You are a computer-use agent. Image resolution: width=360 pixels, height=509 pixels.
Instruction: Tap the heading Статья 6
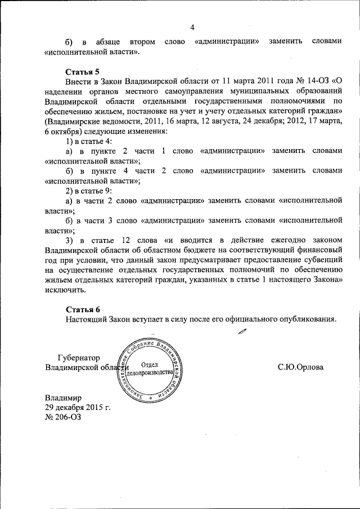click(82, 309)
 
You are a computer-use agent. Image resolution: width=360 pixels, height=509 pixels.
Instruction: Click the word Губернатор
click(79, 358)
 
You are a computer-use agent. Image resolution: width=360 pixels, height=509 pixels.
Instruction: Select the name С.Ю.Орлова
click(301, 367)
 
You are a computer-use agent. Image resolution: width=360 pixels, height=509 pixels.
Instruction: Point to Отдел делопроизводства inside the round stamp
click(149, 368)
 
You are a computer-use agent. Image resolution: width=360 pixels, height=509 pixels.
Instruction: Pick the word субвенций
click(320, 259)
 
